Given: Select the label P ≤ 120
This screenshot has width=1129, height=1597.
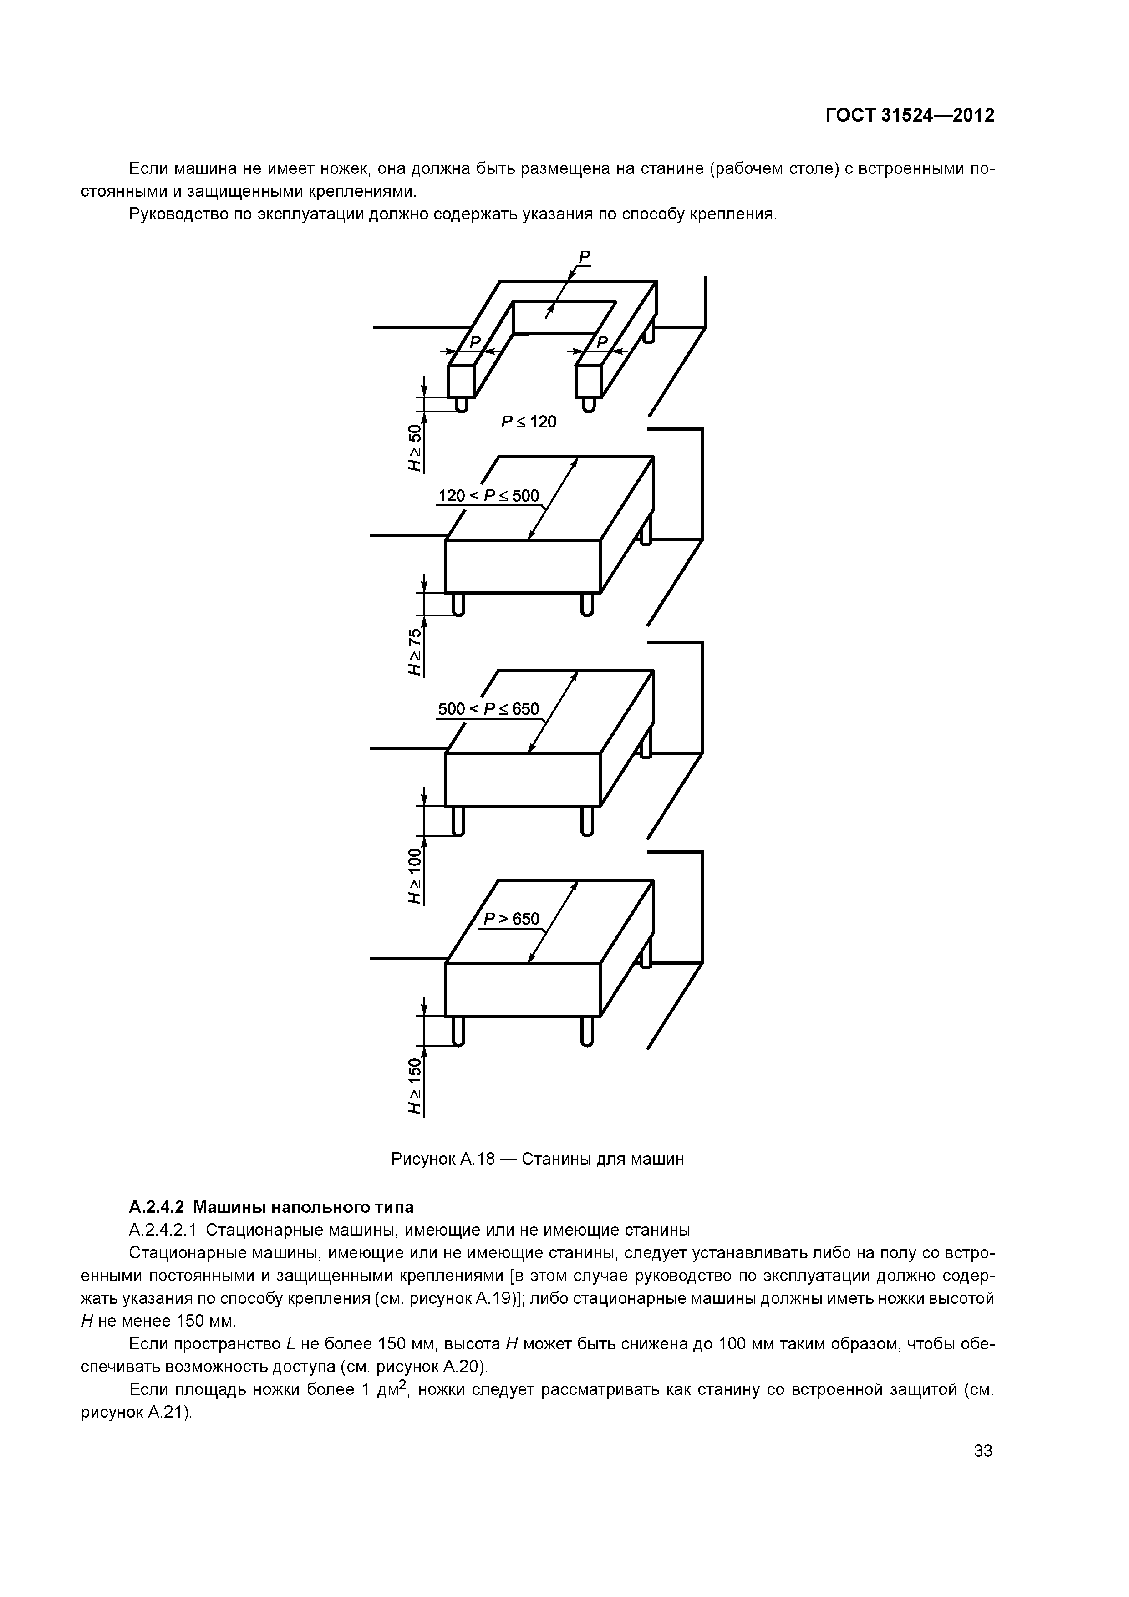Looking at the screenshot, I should [x=529, y=422].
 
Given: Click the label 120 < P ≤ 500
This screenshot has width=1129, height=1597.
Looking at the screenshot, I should [x=488, y=496].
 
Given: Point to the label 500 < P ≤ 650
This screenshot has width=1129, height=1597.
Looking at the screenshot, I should [x=488, y=709].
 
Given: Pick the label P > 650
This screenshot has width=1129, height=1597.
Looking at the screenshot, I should [x=511, y=919].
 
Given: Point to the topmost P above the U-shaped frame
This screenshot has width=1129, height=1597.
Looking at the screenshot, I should [x=585, y=257].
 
